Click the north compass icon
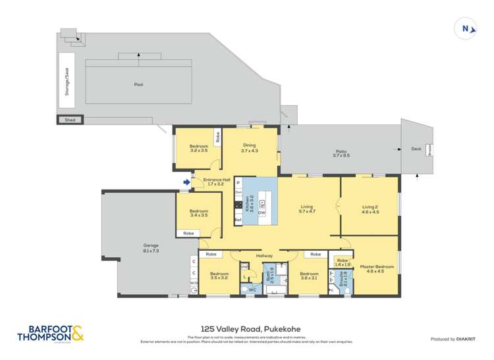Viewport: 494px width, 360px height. click(466, 28)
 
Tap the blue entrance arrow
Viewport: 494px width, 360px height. click(187, 183)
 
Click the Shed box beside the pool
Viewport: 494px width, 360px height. click(69, 120)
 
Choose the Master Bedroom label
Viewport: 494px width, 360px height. click(377, 269)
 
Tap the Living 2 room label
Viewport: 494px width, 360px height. click(370, 210)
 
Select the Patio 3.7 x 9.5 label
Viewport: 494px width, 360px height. click(340, 153)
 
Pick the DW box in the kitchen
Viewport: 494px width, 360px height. click(261, 213)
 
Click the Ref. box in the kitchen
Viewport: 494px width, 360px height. click(238, 220)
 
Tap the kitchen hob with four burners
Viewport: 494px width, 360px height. click(238, 205)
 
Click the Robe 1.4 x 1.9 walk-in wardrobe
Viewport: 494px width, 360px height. click(342, 262)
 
